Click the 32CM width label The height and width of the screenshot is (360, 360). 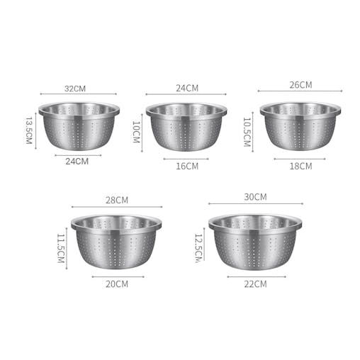75,89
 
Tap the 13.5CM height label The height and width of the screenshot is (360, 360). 29,131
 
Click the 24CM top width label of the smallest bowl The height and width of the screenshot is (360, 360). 187,88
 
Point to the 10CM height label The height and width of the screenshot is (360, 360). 136,132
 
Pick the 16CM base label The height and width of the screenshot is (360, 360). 187,166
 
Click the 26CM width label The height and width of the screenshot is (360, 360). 300,85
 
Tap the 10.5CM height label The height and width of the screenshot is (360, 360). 247,132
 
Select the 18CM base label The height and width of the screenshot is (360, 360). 300,166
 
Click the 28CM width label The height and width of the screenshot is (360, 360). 116,201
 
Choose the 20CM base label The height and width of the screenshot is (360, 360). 117,283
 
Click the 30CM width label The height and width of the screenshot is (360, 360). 255,197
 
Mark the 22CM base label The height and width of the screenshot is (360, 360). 256,283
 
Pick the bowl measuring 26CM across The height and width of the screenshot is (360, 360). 299,128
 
